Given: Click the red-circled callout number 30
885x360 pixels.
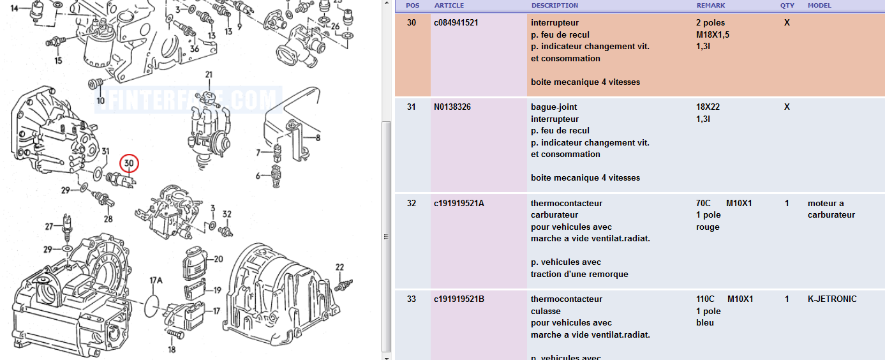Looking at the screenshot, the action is (129, 163).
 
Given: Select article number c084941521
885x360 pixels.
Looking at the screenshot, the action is (456, 23).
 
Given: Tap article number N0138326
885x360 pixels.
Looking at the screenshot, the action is (452, 107).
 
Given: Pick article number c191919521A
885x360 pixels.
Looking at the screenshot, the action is (459, 204).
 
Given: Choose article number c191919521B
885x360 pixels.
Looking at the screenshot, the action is (459, 299).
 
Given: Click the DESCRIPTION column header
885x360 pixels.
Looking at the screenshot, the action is (554, 6).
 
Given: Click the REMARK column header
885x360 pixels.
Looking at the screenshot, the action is (710, 6).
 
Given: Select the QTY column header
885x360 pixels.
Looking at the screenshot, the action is (787, 6).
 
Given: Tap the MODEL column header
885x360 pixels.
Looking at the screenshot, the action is (819, 6).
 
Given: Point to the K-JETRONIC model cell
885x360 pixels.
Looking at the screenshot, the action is (832, 299).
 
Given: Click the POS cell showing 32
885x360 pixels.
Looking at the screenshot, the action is (412, 204).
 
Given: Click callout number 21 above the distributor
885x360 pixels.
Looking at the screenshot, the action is (209, 75).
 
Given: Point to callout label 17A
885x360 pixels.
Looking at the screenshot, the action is (156, 281).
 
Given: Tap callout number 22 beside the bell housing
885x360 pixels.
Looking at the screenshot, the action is (340, 267).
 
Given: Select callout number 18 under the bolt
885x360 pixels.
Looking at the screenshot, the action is (172, 349).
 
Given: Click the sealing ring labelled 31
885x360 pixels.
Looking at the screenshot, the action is (98, 174).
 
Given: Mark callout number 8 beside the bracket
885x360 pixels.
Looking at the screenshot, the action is (318, 138).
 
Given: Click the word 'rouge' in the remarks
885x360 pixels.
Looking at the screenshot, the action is (708, 227).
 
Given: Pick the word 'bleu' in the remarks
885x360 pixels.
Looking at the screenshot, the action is (705, 323).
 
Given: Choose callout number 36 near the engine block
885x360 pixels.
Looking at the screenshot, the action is (195, 49).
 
